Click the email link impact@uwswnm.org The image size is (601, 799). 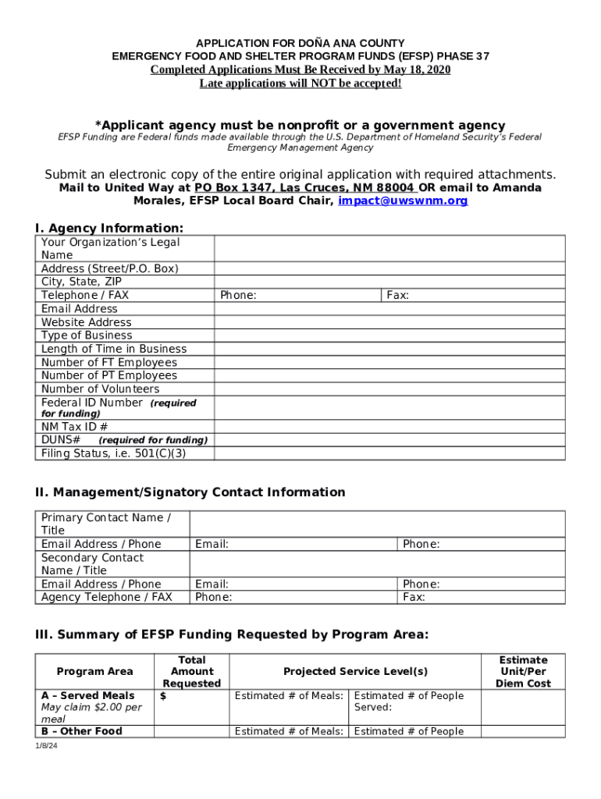403,201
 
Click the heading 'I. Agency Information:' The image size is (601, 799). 109,228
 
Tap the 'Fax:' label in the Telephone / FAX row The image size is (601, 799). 398,296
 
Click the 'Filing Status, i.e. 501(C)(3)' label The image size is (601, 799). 114,453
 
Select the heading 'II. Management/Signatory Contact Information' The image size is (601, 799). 190,492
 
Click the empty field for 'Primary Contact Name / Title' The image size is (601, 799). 378,524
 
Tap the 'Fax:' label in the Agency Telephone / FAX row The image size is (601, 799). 414,598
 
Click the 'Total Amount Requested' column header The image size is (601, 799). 192,672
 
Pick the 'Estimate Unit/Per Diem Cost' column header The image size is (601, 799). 523,672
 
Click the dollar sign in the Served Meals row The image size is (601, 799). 162,696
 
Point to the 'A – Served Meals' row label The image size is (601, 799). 87,696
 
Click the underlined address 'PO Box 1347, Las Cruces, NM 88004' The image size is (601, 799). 304,188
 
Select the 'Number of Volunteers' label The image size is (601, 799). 100,389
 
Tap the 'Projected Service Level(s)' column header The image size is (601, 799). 355,672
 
